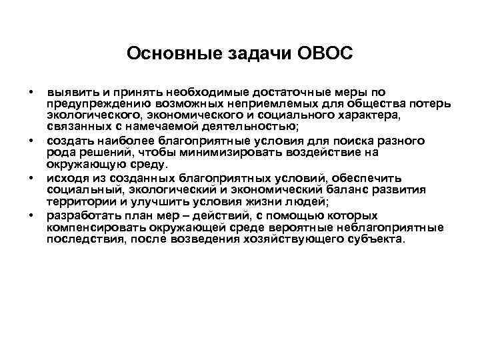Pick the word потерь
click(x=433, y=104)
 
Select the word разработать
click(x=80, y=215)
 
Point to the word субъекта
click(x=375, y=239)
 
